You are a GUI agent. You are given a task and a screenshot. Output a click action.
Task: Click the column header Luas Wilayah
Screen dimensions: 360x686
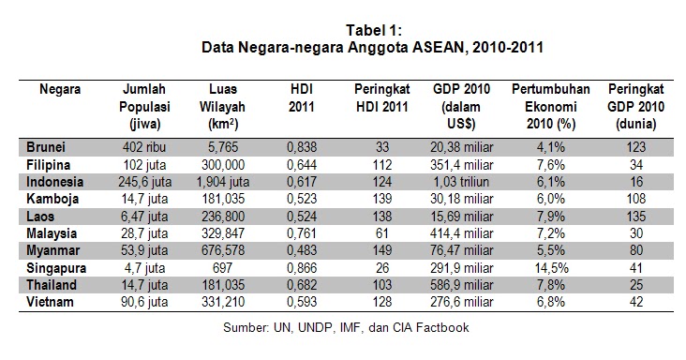pos(223,105)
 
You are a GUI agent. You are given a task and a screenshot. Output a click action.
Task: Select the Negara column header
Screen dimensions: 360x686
pos(59,90)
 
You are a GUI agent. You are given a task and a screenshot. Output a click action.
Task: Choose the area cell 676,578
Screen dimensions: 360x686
pos(223,249)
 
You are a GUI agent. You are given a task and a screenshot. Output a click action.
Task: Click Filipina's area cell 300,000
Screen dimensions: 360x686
pos(223,163)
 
